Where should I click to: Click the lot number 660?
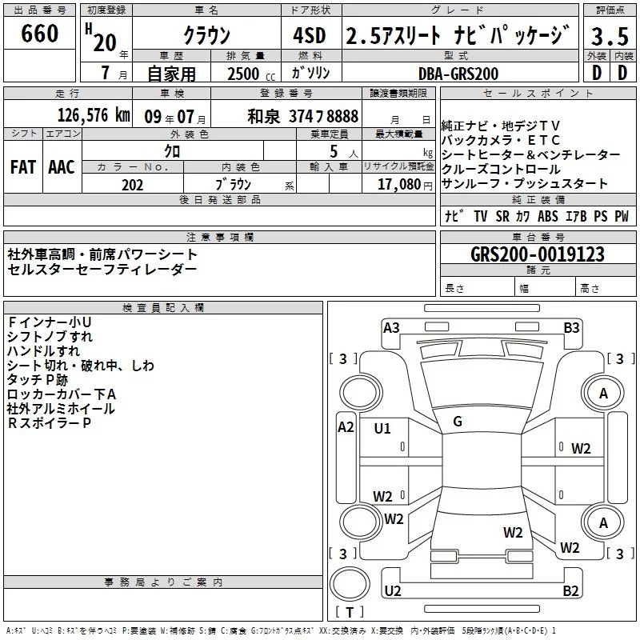pos(40,34)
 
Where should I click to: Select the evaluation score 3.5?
pos(610,36)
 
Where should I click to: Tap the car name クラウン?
pos(206,36)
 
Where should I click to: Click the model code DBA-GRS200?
pos(458,74)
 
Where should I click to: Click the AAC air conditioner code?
pos(62,167)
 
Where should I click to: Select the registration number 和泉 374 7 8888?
pos(302,116)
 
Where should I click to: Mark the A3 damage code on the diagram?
pos(391,327)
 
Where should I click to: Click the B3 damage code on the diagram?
pos(571,327)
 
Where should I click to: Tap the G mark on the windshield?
pos(458,422)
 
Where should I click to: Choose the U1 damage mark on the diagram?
pos(382,429)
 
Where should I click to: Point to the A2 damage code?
pos(346,426)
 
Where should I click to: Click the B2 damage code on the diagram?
pos(570,591)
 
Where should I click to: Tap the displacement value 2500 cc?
pos(243,74)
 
